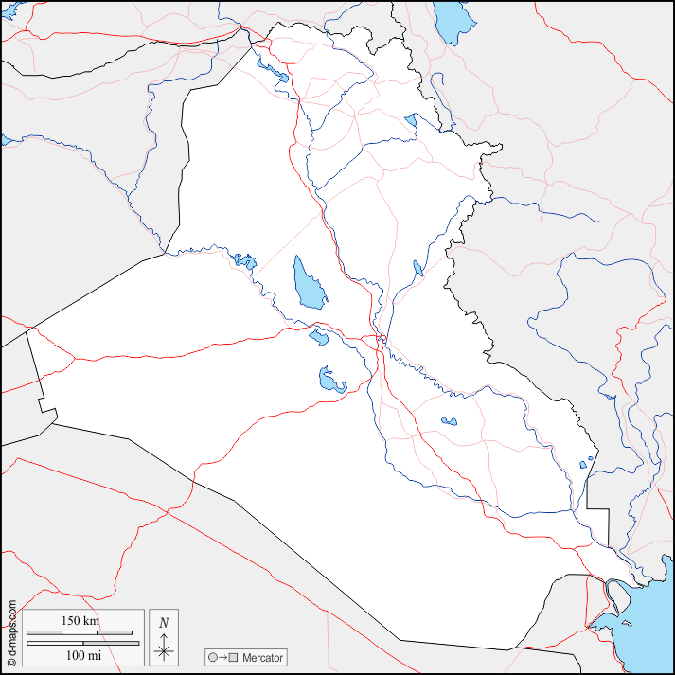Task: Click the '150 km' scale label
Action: [81, 621]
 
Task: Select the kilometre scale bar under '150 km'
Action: [81, 632]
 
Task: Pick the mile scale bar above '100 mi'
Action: [81, 644]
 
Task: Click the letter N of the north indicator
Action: [164, 622]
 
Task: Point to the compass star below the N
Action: [164, 648]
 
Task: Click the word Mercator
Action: [262, 657]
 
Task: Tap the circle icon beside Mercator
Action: [213, 657]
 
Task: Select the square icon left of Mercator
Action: [233, 657]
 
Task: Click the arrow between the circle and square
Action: [222, 657]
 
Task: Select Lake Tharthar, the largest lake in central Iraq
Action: [308, 282]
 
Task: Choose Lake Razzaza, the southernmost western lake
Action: [330, 381]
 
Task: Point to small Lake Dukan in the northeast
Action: [411, 120]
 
